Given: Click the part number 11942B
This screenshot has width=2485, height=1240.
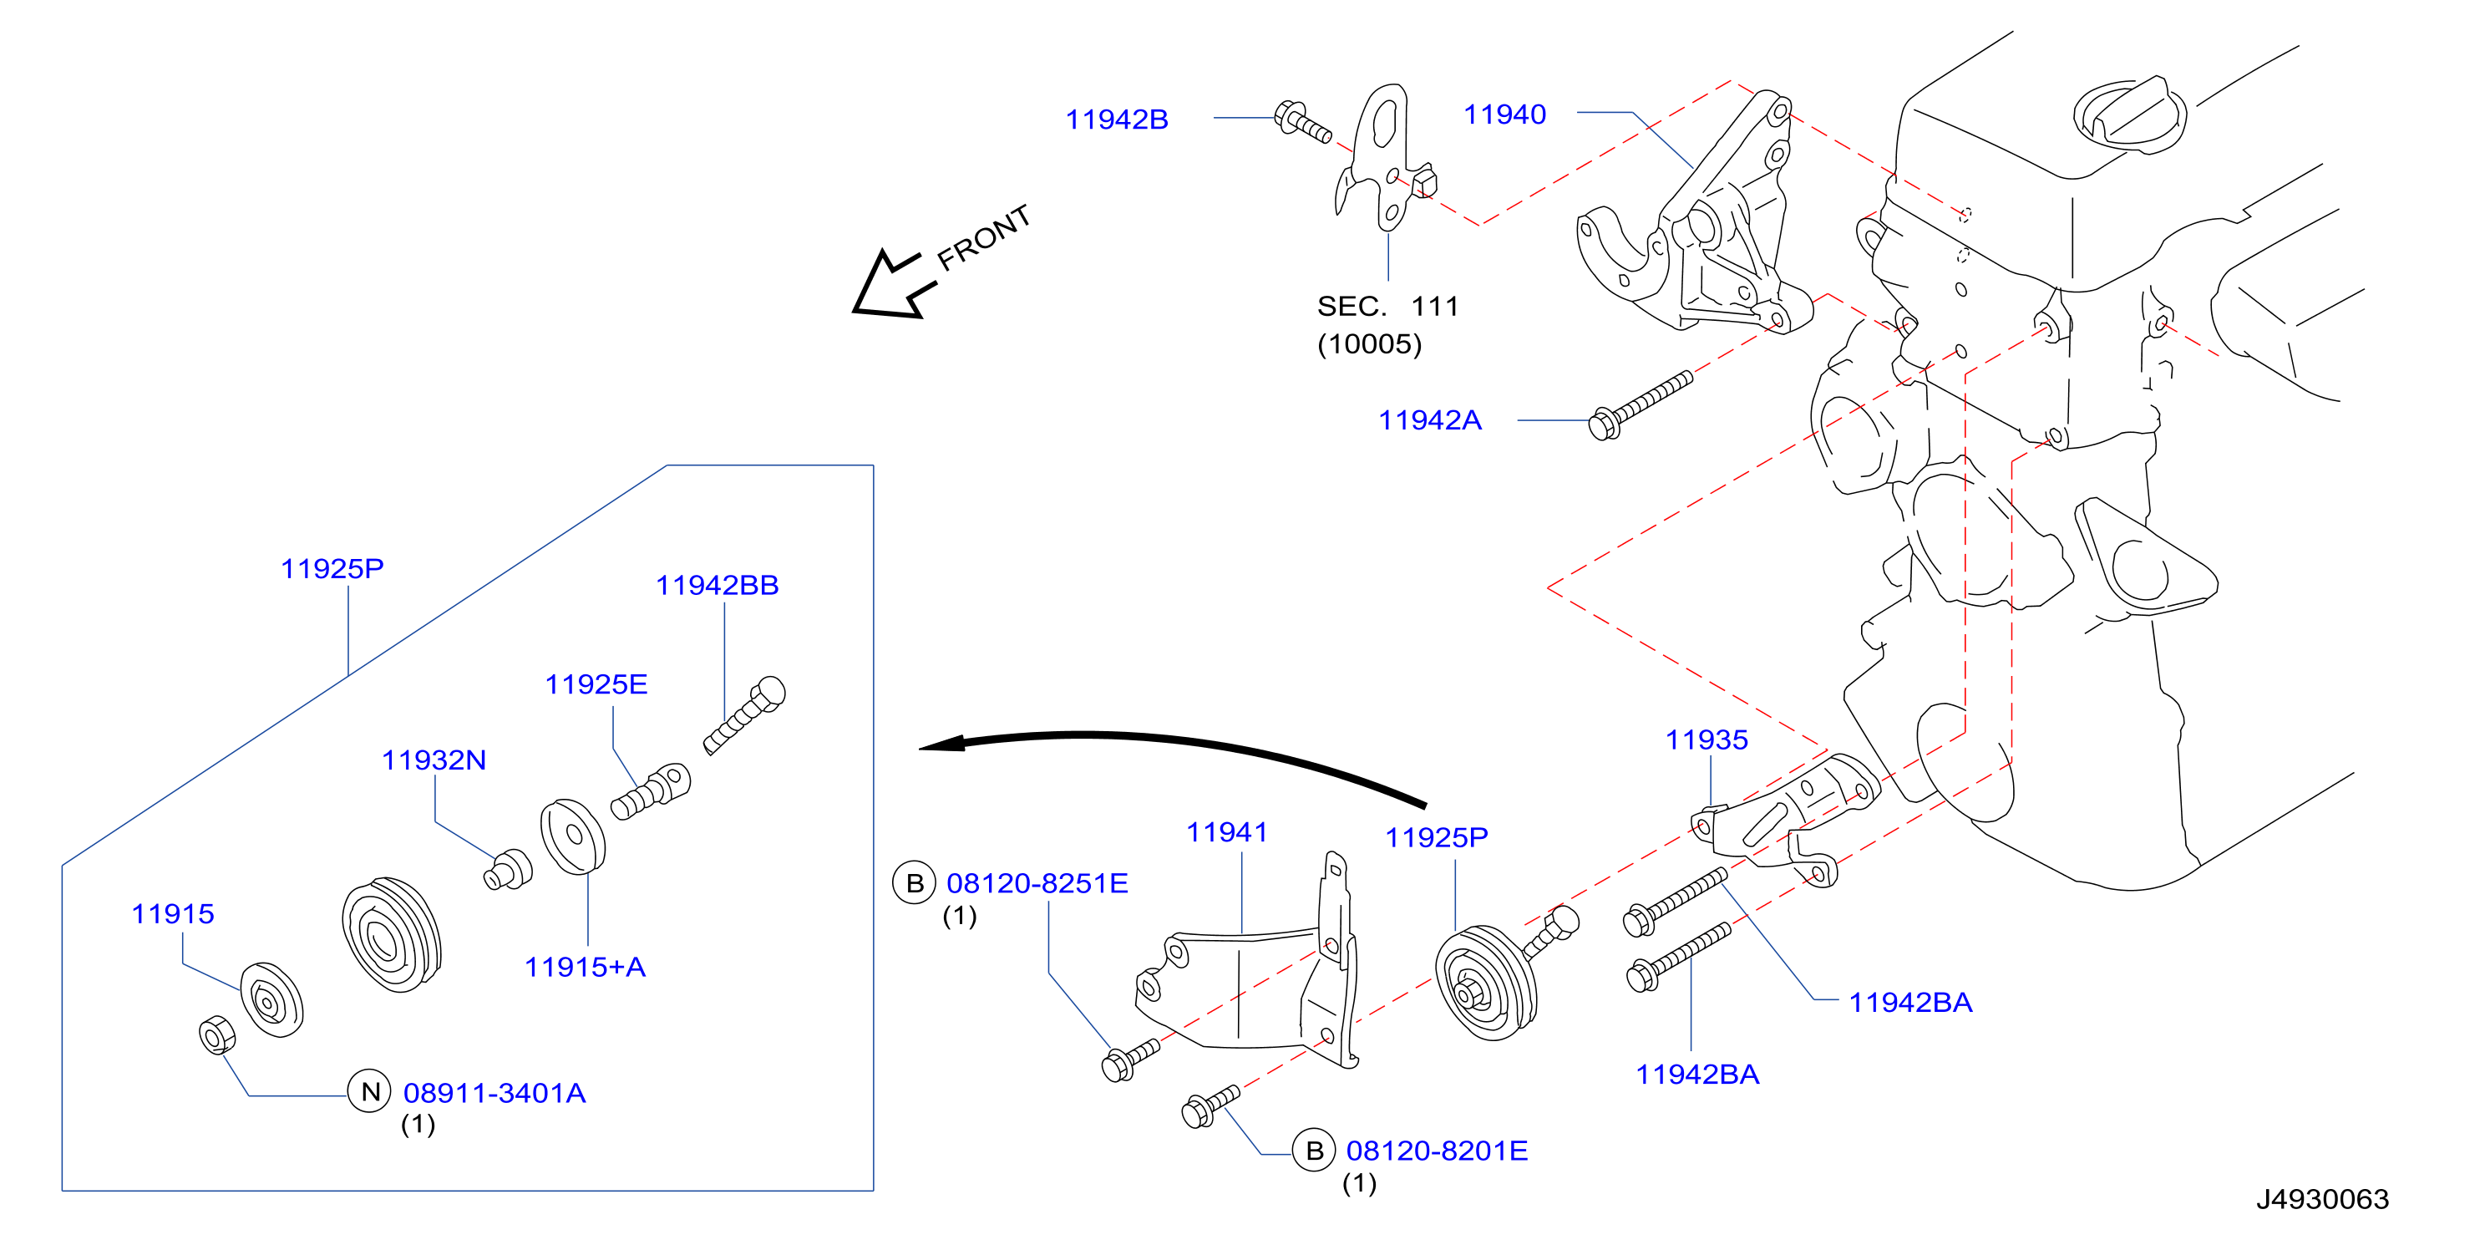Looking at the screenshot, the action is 1116,119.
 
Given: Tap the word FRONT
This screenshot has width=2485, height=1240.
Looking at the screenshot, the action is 983,237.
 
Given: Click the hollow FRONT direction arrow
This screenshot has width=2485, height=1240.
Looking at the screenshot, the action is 893,286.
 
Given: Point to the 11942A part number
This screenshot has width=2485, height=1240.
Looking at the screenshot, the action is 1430,421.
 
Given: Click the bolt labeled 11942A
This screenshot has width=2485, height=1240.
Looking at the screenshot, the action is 1640,406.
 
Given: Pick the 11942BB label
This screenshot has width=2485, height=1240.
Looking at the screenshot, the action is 717,586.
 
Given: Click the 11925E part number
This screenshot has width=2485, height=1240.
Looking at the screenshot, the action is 596,685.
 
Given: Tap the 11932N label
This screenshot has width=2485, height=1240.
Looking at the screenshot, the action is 434,760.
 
